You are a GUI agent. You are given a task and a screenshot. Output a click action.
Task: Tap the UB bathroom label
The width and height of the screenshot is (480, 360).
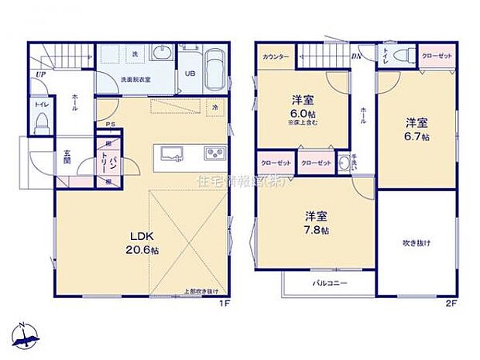tap(190, 74)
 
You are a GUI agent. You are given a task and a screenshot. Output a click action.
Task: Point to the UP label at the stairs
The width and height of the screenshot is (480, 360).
tap(38, 75)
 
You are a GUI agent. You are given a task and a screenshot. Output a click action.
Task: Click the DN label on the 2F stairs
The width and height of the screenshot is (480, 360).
tap(356, 56)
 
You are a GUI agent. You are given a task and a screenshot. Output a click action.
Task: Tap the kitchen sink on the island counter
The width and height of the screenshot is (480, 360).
tap(169, 153)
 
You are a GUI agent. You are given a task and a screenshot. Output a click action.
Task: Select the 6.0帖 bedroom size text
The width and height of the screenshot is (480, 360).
tap(302, 111)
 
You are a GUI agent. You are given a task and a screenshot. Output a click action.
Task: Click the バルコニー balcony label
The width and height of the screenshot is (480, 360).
tap(330, 283)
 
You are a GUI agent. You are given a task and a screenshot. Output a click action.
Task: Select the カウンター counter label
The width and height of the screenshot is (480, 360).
tap(276, 57)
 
